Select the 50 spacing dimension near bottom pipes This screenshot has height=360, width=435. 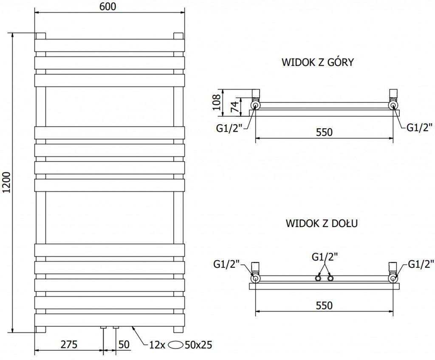[124, 345]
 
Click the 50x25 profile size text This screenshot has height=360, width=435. [199, 345]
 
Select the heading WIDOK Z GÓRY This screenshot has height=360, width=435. [318, 62]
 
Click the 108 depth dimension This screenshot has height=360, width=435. [216, 102]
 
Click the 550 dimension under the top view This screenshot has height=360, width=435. [324, 132]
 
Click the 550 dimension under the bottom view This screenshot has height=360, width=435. [324, 305]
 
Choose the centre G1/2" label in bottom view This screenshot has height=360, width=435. [324, 256]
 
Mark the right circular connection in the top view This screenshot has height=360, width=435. [393, 105]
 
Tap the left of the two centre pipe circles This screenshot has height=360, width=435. [318, 278]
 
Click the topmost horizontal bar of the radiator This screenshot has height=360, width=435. [109, 45]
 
